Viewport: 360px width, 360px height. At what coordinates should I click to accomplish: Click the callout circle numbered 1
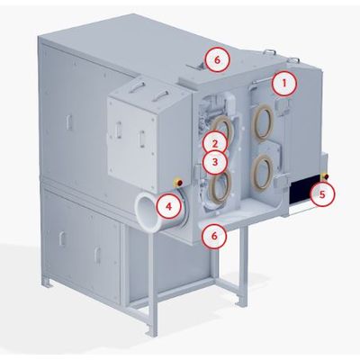284,84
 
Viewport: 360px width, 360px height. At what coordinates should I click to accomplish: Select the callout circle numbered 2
214,144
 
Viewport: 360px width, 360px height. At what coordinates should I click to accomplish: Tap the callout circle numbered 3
214,162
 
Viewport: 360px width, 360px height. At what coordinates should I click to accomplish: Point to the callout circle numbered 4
169,206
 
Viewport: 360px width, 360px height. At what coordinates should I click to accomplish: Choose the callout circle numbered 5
321,194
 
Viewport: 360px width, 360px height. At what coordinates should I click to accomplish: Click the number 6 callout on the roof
218,59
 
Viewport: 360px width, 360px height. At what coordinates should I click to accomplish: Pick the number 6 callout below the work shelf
214,236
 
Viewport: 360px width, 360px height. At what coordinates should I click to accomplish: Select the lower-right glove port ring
262,173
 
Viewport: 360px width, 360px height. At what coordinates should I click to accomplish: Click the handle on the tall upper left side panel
69,122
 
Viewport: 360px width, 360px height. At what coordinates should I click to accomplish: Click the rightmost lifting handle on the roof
294,60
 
